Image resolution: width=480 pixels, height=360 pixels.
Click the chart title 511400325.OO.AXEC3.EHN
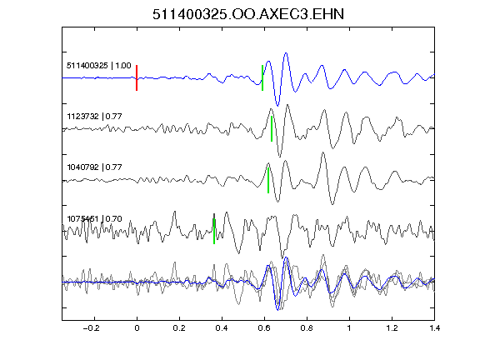click(x=248, y=14)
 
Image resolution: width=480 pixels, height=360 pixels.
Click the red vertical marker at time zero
click(x=137, y=77)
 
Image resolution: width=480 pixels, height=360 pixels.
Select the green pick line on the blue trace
click(x=262, y=77)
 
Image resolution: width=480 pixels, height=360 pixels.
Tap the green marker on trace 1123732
click(x=272, y=128)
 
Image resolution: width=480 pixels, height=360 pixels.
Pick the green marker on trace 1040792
click(x=268, y=180)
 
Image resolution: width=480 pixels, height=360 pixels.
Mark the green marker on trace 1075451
click(x=214, y=231)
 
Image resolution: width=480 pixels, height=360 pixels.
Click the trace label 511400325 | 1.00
click(x=99, y=66)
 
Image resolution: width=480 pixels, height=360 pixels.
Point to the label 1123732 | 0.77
click(x=94, y=117)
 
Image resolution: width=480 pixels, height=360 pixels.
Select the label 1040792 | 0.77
click(x=94, y=167)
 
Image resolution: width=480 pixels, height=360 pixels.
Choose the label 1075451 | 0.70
click(x=94, y=218)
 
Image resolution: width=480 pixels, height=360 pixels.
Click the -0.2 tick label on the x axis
click(x=91, y=328)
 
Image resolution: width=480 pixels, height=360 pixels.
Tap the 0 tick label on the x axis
click(x=137, y=328)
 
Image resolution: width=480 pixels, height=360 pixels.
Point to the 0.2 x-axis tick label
click(x=179, y=328)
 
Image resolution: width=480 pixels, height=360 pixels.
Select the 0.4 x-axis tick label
click(x=222, y=328)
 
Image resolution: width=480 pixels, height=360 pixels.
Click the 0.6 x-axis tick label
click(x=264, y=328)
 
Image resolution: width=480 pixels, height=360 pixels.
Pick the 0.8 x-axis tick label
click(x=307, y=328)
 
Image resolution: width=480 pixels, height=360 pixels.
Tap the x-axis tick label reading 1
click(x=349, y=328)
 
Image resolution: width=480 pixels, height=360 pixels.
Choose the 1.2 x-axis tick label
click(x=392, y=328)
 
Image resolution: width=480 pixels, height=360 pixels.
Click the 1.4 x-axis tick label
click(x=434, y=328)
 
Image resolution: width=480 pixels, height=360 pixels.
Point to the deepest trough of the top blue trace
click(x=277, y=106)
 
